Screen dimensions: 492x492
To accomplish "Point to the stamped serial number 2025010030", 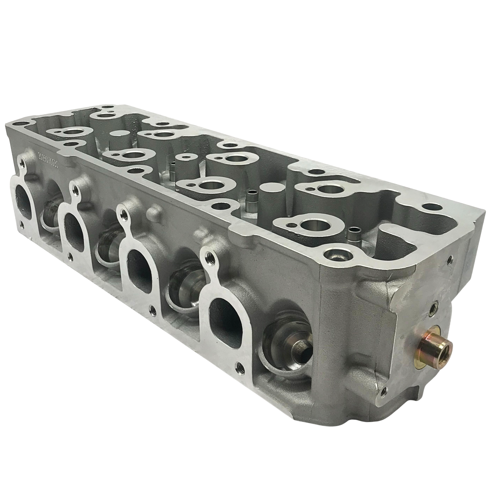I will point(48,159).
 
